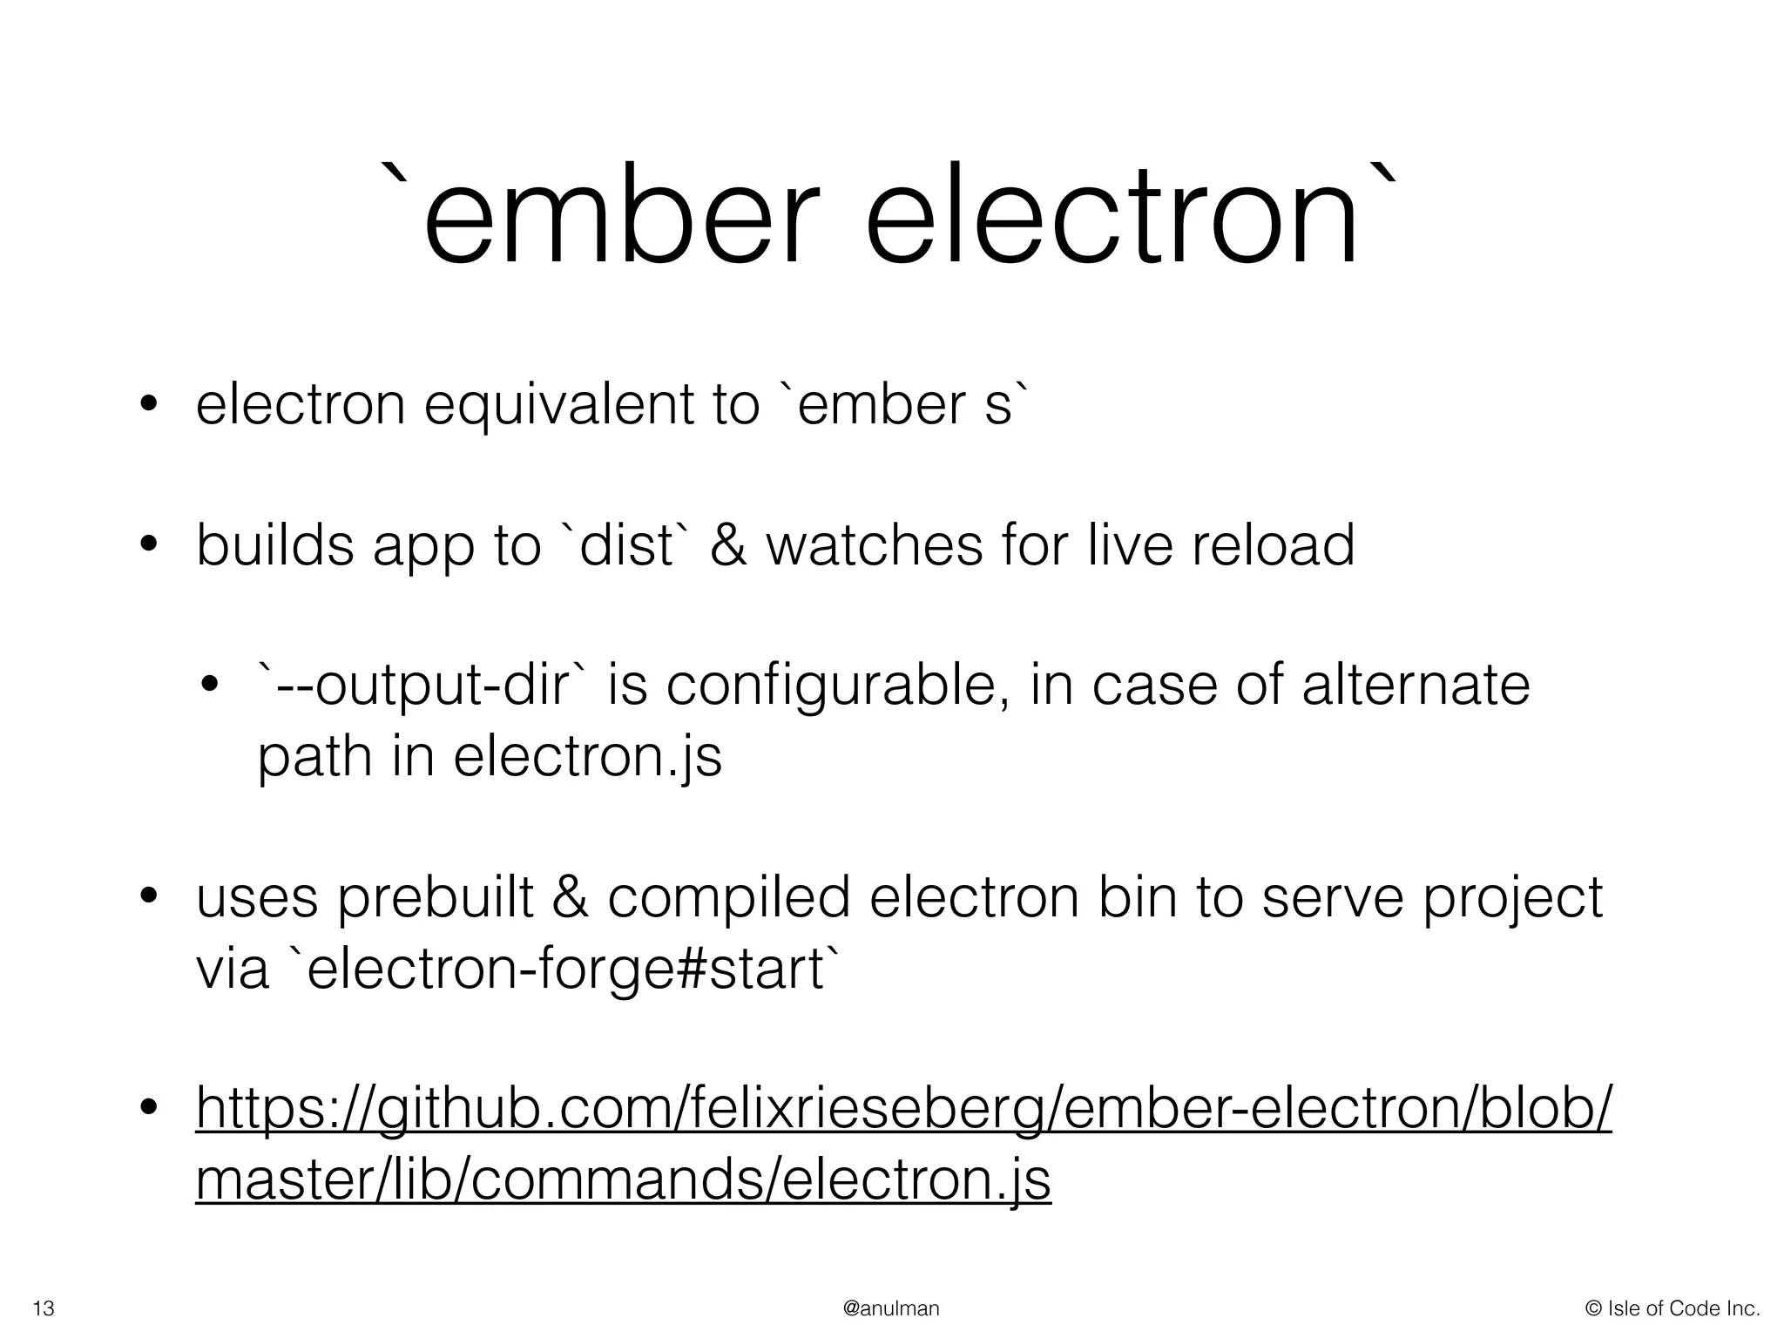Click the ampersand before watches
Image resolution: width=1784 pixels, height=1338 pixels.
(x=728, y=545)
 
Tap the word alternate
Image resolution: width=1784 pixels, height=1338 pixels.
(x=1416, y=686)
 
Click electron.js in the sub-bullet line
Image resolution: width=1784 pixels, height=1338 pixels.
(x=587, y=756)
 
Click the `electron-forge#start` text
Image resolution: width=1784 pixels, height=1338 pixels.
(x=566, y=969)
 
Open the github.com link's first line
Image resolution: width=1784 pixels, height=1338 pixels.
(x=903, y=1109)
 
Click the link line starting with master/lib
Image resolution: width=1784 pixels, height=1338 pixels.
(x=623, y=1179)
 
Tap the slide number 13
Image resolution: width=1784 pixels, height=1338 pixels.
(x=44, y=1308)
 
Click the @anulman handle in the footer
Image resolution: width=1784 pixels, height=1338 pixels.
(x=891, y=1308)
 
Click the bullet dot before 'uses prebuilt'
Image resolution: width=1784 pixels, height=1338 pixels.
(x=149, y=897)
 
